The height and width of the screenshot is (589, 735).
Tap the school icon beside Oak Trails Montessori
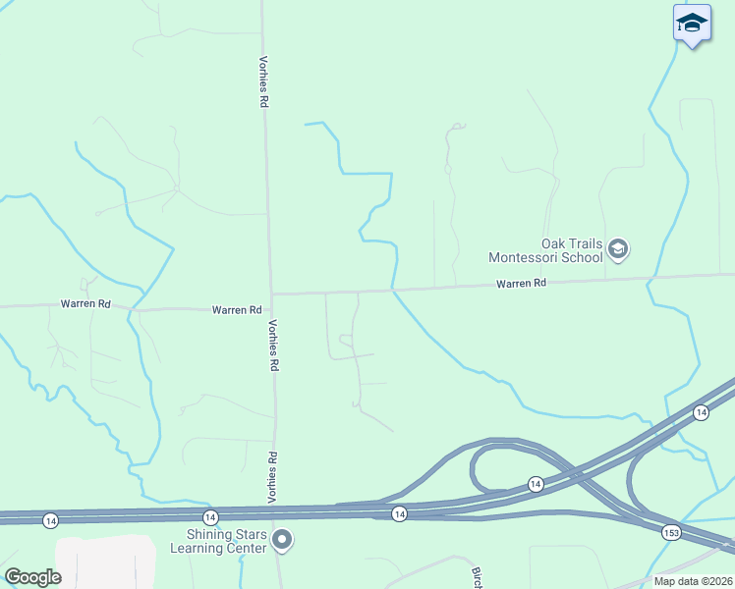(617, 249)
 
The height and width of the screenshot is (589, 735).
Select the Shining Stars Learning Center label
(227, 541)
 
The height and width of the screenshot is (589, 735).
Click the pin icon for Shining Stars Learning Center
(282, 540)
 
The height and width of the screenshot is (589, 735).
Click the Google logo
(33, 577)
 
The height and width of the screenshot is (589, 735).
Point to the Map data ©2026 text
(693, 581)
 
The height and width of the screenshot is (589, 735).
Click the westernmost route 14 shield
(50, 517)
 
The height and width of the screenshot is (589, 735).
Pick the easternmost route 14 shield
(701, 412)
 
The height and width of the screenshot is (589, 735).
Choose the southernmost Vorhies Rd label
(272, 476)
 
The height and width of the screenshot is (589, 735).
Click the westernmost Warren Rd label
(85, 304)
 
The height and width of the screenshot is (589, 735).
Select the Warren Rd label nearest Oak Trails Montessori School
(521, 283)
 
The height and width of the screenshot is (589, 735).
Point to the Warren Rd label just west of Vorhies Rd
(237, 310)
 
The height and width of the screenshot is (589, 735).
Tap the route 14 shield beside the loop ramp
(535, 484)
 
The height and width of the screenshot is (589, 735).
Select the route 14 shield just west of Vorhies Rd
(209, 516)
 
